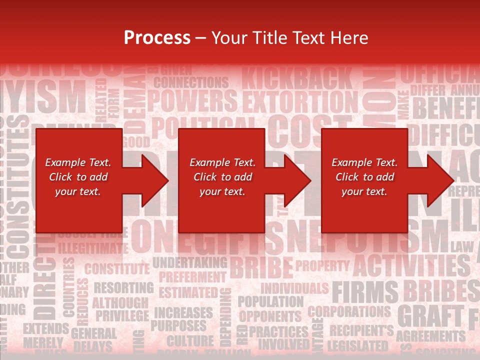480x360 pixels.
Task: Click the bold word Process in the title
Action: (157, 37)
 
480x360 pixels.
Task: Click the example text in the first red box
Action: (78, 177)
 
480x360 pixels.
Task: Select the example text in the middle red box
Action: (222, 177)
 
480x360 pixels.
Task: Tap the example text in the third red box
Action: (364, 177)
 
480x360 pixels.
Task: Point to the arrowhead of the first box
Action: (155, 180)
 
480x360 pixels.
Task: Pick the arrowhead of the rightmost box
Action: (441, 180)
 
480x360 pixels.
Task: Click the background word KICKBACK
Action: (297, 79)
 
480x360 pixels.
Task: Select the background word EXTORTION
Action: (300, 101)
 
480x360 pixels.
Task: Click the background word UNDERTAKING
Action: (189, 262)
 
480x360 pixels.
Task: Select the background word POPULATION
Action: (270, 301)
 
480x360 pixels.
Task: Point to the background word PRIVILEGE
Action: (122, 315)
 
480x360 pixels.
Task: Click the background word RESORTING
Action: (123, 287)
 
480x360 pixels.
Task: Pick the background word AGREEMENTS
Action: (430, 335)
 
